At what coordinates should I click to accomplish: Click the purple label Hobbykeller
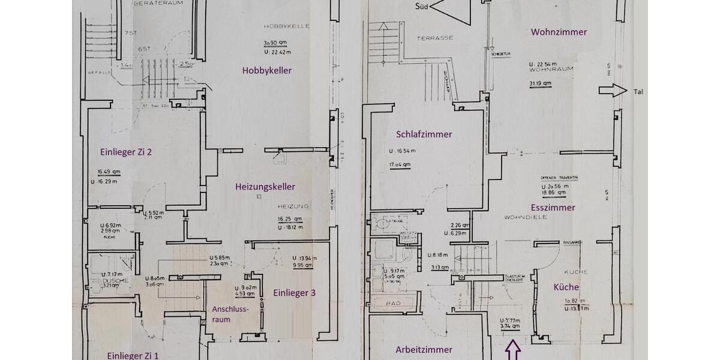267,71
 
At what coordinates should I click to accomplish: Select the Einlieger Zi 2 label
125,152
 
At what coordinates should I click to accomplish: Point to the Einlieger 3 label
294,293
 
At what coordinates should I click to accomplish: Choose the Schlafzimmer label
424,134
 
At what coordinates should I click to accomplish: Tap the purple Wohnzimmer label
559,32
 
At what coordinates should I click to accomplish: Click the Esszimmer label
553,208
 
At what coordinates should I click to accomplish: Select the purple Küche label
566,287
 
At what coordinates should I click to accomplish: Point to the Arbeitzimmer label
424,349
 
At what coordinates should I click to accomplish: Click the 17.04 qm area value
400,164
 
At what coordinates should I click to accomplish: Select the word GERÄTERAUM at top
158,3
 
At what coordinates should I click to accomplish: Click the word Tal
638,92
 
